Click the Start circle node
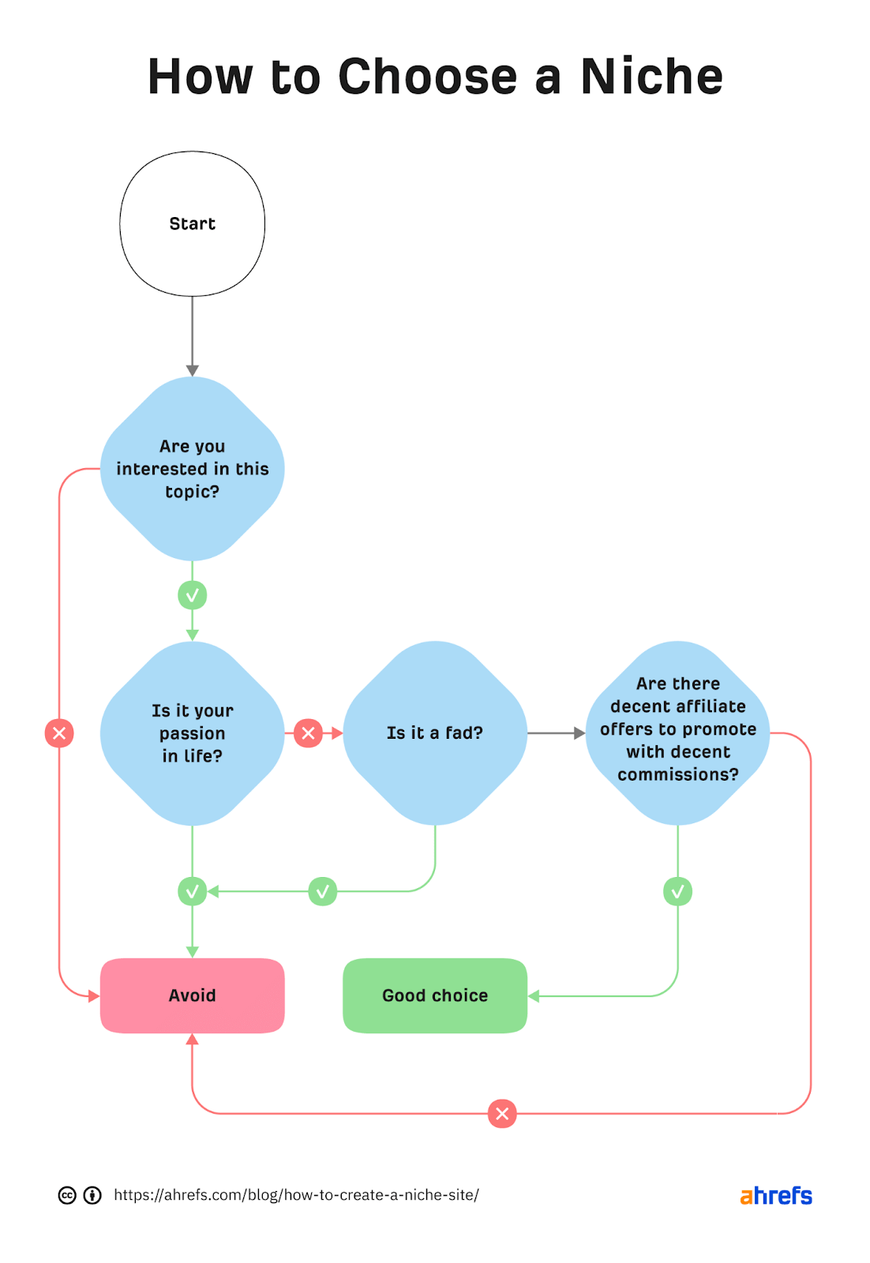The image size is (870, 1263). tap(192, 223)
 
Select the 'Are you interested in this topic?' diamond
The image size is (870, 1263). tap(192, 469)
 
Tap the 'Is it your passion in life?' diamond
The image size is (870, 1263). tap(192, 733)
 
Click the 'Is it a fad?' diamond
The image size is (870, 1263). tap(434, 733)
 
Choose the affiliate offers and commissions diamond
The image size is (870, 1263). tap(677, 733)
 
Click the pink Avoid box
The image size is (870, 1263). tap(192, 995)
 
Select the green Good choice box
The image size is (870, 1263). tap(434, 995)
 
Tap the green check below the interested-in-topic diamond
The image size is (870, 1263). tap(192, 595)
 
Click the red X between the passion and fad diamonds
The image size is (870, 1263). tap(308, 733)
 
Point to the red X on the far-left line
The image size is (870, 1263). tap(59, 733)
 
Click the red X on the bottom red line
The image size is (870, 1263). tap(502, 1114)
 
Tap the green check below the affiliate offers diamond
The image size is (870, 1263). tap(677, 891)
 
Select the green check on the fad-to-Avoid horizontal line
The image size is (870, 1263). tap(322, 891)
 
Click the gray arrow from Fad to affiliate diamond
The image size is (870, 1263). tap(556, 733)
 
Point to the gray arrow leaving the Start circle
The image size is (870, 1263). tap(192, 335)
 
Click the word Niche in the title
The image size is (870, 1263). tap(651, 77)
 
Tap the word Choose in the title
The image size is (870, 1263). tap(427, 77)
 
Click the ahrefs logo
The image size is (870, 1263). tap(775, 1196)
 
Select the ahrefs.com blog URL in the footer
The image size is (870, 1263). tap(296, 1195)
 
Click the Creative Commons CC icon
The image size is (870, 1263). tap(67, 1195)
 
